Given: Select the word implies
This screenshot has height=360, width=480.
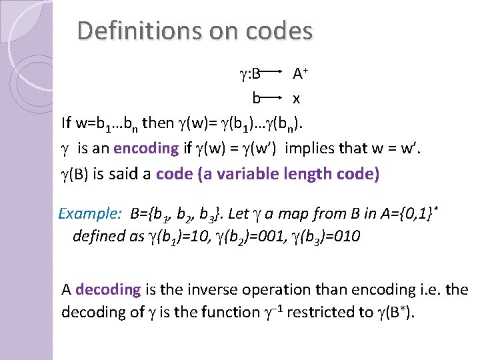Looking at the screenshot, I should coord(311,148).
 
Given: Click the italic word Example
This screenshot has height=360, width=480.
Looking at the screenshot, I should coord(89,214).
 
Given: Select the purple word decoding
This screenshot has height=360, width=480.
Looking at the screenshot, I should coord(109,289).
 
